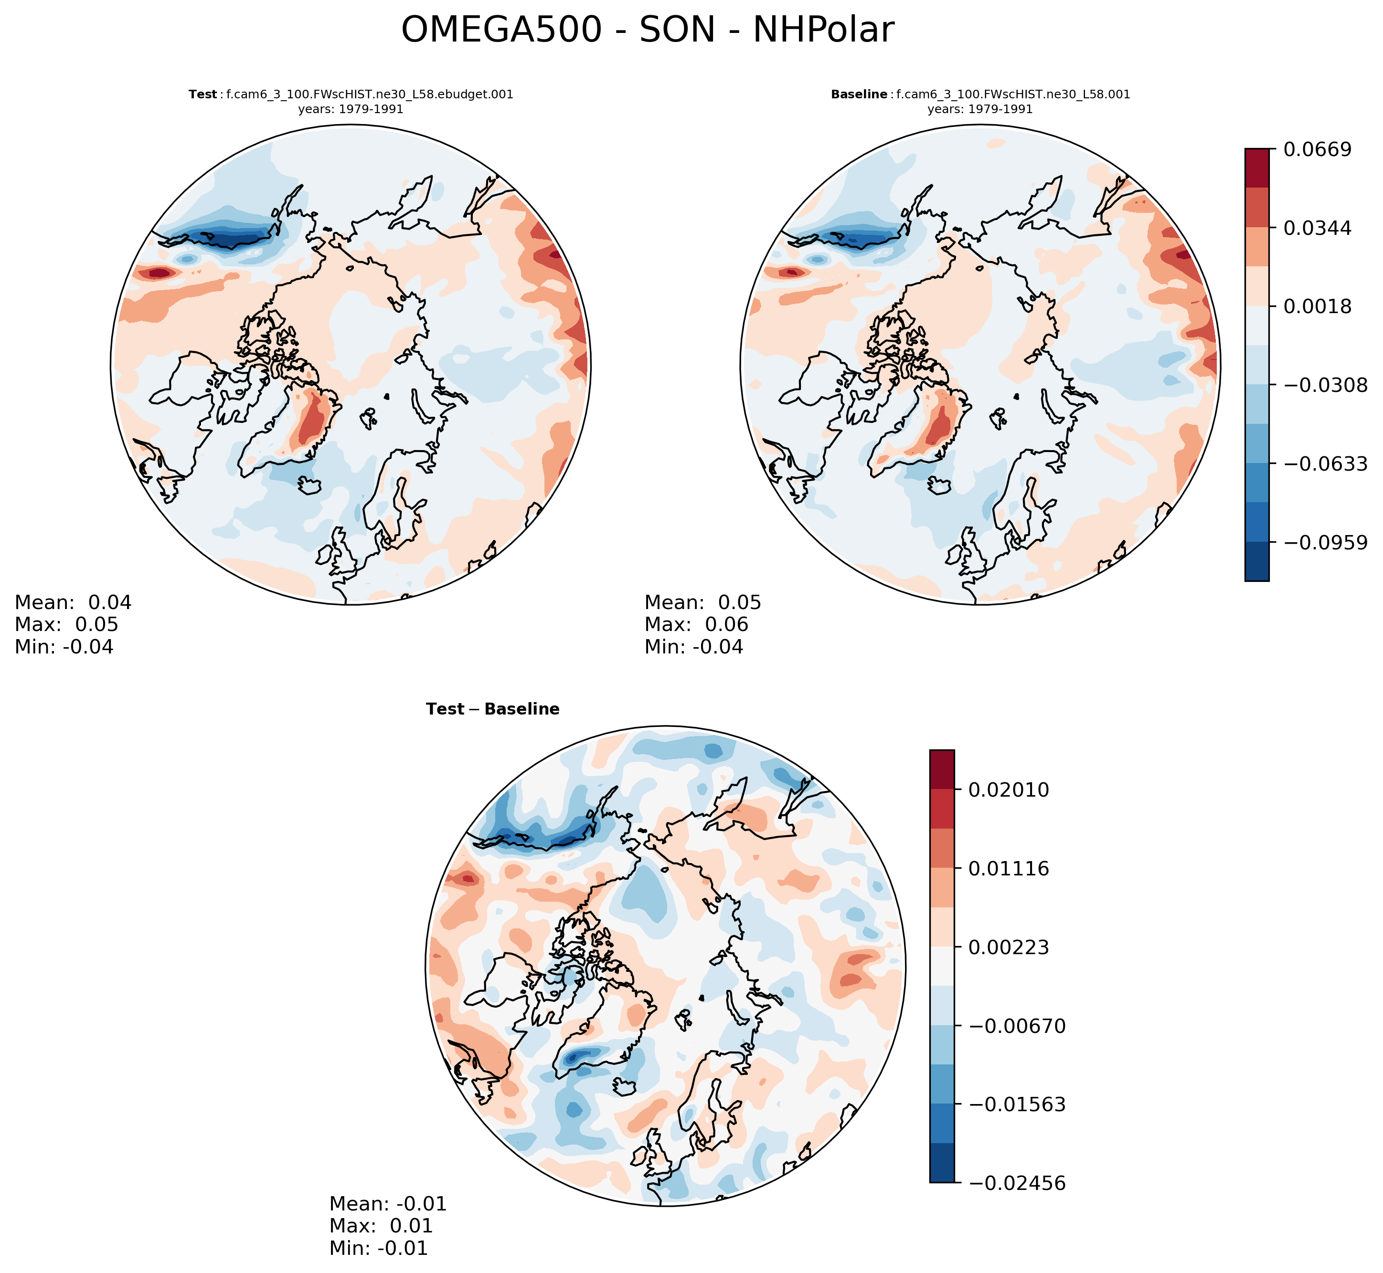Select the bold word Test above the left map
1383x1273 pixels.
[202, 95]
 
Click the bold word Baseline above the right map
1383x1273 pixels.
[859, 95]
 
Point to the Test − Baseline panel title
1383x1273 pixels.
[493, 709]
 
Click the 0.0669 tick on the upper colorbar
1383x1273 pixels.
[1317, 149]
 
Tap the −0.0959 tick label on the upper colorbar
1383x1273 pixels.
[1324, 543]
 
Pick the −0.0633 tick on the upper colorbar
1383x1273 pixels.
[1324, 463]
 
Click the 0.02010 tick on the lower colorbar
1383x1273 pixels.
[1008, 789]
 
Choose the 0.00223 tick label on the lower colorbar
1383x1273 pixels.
[1008, 947]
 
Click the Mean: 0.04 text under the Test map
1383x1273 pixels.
[73, 603]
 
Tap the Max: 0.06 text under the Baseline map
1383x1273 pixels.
[696, 625]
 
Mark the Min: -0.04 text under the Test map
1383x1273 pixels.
[64, 647]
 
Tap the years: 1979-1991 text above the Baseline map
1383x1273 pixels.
[980, 109]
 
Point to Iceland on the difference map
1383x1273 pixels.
[624, 1086]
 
